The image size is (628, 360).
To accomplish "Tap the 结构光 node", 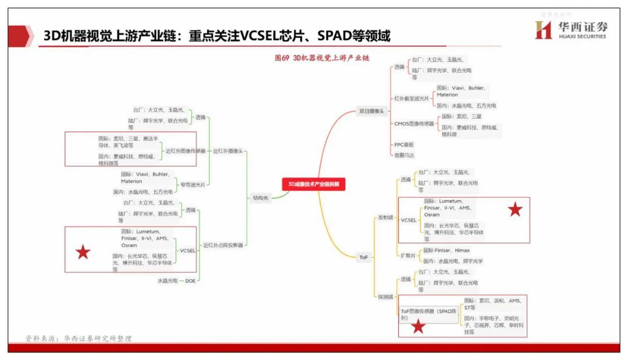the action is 261,198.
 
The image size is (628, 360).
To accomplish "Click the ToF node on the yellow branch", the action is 363,256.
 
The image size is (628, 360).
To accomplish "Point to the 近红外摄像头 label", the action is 227,151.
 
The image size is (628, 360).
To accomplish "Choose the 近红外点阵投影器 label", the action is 223,245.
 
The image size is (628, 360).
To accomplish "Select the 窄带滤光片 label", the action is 192,184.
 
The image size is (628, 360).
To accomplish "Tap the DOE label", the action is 190,281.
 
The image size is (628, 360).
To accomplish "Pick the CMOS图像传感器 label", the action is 414,123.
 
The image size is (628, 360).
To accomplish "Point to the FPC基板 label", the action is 404,144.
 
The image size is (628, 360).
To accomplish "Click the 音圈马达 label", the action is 405,155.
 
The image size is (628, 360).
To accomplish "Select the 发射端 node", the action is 386,218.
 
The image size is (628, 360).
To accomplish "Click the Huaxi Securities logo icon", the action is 543,30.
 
